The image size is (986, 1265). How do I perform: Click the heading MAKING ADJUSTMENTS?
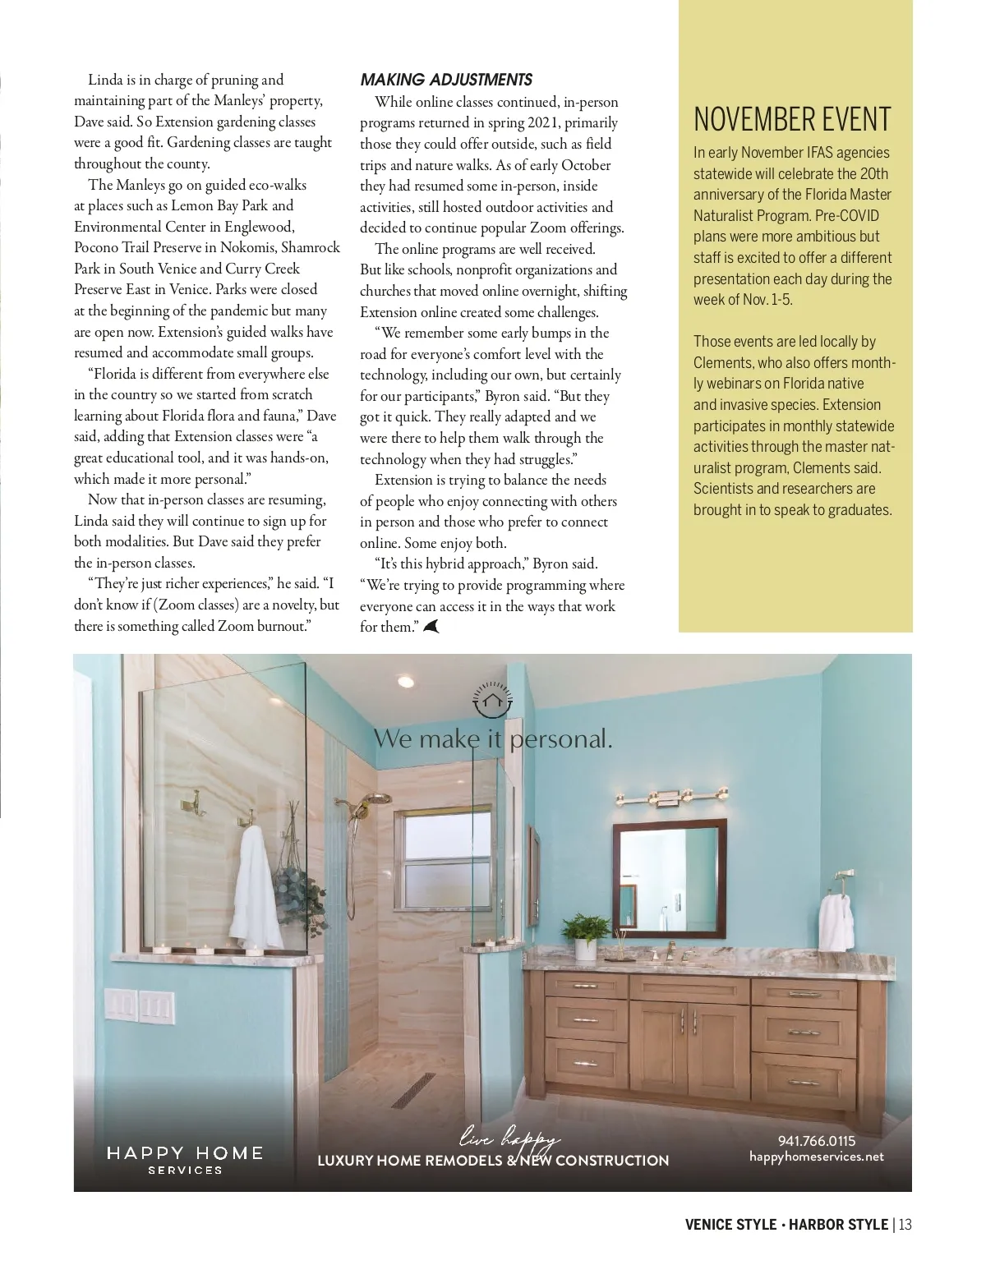point(446,80)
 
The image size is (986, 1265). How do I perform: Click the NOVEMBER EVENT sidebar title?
point(791,120)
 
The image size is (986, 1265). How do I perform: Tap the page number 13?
point(905,1225)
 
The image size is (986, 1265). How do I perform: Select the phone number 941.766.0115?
point(816,1141)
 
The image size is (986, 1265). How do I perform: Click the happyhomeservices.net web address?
point(816,1157)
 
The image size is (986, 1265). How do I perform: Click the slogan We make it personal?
point(493,738)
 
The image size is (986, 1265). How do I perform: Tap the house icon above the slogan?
point(492,701)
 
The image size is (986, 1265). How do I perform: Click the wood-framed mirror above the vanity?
point(669,878)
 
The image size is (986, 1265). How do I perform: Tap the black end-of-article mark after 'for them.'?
point(431,627)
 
